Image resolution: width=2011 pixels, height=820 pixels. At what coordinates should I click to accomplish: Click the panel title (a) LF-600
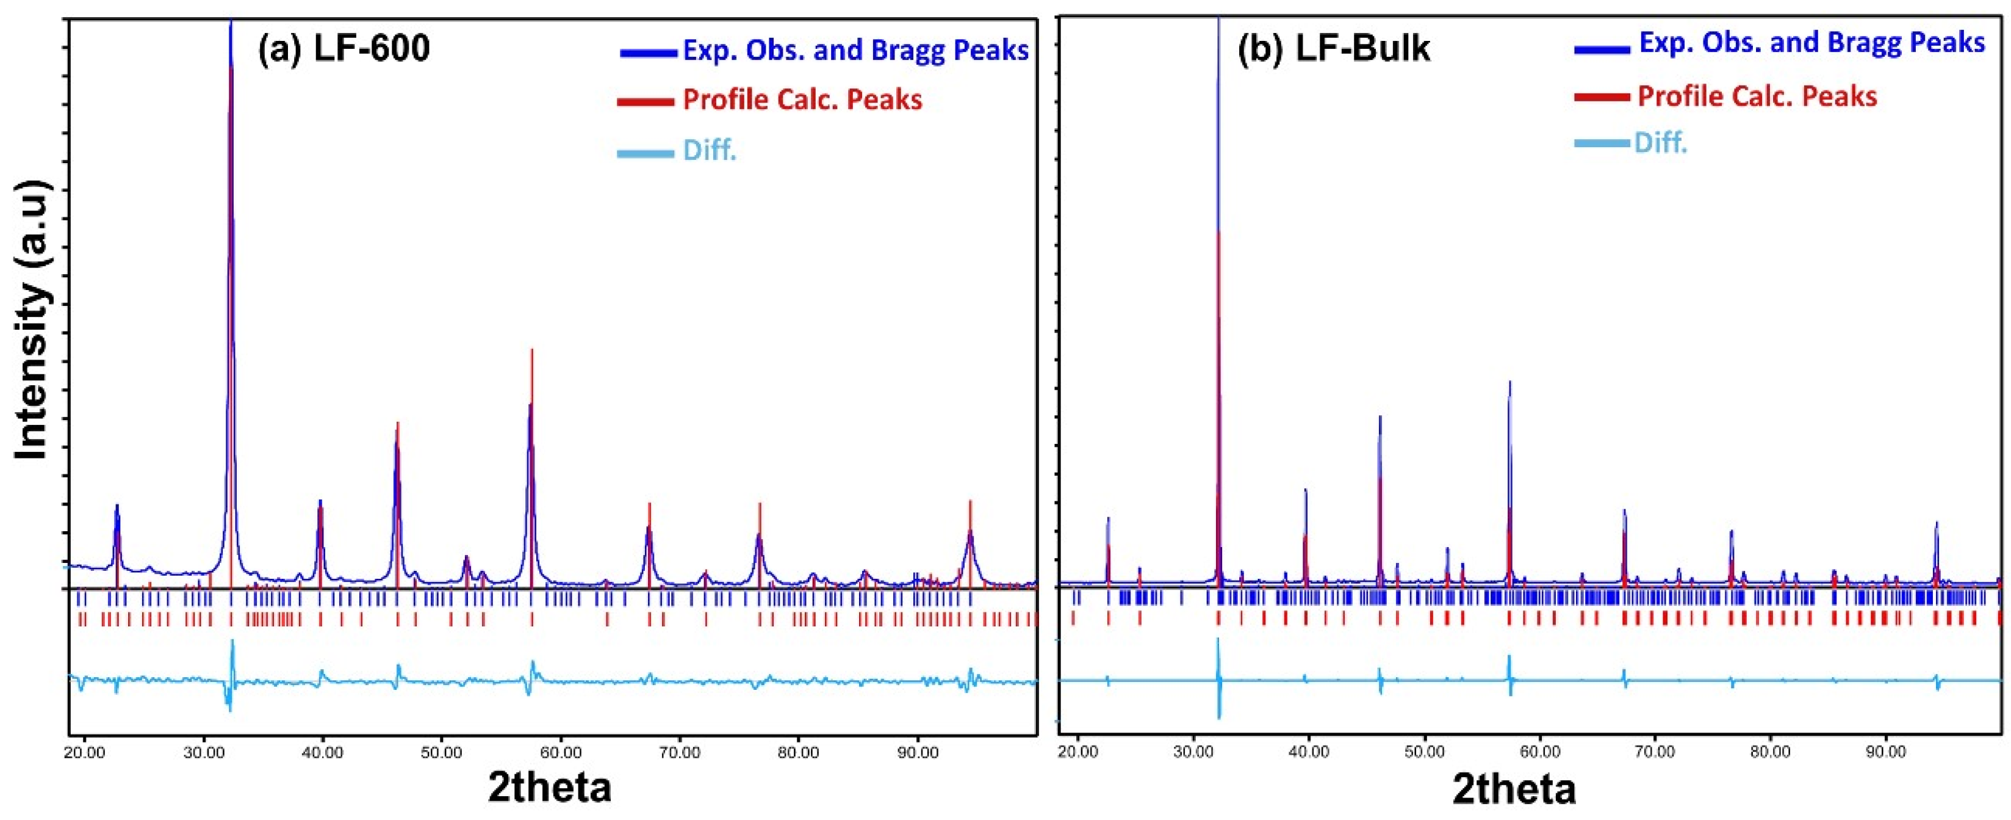point(344,48)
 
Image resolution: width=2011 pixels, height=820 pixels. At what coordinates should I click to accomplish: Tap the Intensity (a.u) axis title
point(31,320)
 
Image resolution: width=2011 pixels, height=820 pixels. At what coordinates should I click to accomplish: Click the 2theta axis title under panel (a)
point(550,786)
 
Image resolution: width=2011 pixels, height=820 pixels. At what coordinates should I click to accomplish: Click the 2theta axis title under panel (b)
point(1514,789)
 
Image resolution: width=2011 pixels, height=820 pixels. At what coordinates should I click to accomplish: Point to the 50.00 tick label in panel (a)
point(442,753)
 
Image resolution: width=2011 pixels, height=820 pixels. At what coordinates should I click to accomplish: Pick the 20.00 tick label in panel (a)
point(84,753)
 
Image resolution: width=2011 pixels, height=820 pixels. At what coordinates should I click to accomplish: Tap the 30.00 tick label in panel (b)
point(1193,752)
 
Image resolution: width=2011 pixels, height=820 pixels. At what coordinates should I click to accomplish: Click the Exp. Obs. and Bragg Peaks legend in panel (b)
point(1811,43)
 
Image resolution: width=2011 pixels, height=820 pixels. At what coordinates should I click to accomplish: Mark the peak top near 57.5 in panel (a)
point(531,350)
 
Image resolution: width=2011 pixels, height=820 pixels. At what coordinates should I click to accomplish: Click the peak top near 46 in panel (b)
point(1380,416)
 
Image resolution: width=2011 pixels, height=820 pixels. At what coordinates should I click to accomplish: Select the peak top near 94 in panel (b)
point(1936,523)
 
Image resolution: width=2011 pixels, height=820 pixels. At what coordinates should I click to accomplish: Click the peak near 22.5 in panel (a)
point(117,506)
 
